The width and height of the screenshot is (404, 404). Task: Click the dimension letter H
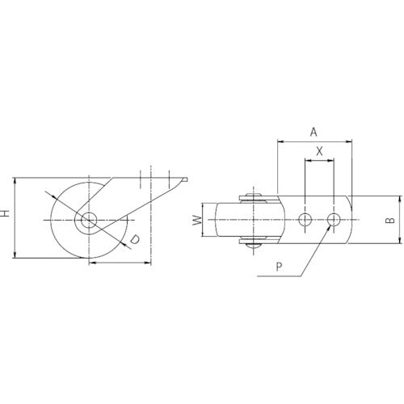pyautogui.click(x=6, y=214)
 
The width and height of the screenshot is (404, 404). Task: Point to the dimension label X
pyautogui.click(x=318, y=150)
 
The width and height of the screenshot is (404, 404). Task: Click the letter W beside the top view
pyautogui.click(x=196, y=220)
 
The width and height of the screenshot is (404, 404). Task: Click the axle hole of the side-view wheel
pyautogui.click(x=87, y=220)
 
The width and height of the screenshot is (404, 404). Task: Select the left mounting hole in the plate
pyautogui.click(x=305, y=220)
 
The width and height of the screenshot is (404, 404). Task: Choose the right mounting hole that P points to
pyautogui.click(x=333, y=220)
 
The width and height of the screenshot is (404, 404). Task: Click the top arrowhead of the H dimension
pyautogui.click(x=15, y=180)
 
